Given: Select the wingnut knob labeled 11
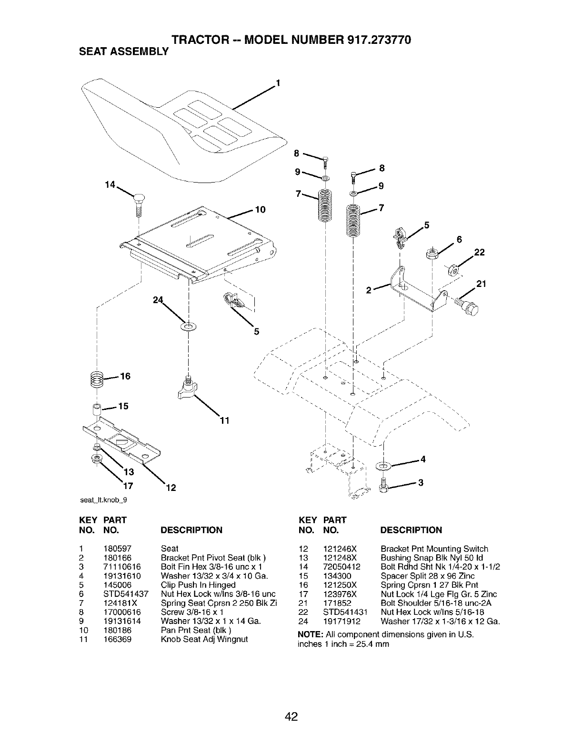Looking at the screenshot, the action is (x=187, y=388).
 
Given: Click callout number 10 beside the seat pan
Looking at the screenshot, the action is (x=260, y=210).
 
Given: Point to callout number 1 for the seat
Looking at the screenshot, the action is (x=278, y=82).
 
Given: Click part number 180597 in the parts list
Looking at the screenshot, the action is (x=117, y=549).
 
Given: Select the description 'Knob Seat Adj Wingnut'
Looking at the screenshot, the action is (x=204, y=639).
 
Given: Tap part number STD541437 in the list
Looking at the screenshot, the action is (x=126, y=594).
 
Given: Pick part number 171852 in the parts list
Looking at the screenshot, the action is (x=337, y=603).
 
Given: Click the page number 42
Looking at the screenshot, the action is (x=291, y=716).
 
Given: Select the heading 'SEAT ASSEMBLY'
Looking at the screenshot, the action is (x=124, y=51).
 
